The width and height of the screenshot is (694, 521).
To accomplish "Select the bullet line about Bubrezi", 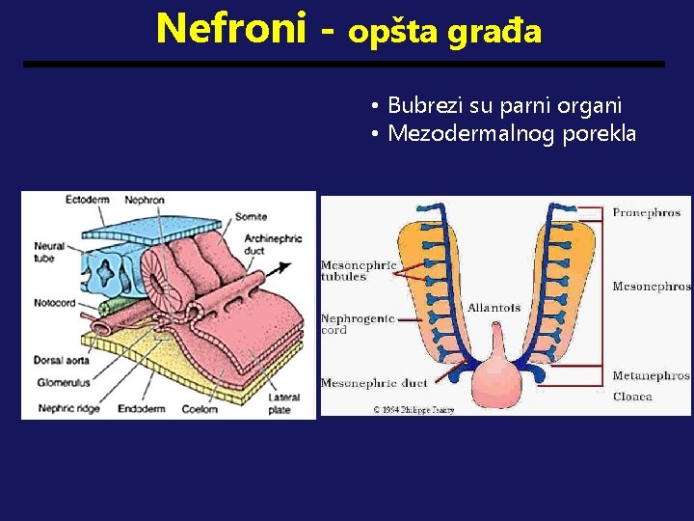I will coord(504,104).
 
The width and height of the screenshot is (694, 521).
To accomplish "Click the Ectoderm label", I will coord(87,200).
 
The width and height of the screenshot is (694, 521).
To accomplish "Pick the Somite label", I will coord(251,216).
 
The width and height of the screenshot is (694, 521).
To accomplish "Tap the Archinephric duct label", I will coord(273,243).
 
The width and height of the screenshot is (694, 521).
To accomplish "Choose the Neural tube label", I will coord(49,251).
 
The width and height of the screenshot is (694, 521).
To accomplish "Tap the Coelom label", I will coord(200,409).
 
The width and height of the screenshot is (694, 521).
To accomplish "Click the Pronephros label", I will coord(646,212).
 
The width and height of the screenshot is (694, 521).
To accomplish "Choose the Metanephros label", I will coord(651,375).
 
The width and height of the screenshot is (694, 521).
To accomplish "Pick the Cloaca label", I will coord(632,396).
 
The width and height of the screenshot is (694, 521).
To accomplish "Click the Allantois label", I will coord(494,308).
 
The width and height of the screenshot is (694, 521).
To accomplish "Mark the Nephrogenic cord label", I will coord(357,324).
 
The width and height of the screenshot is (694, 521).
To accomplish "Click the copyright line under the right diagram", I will coord(414,409).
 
